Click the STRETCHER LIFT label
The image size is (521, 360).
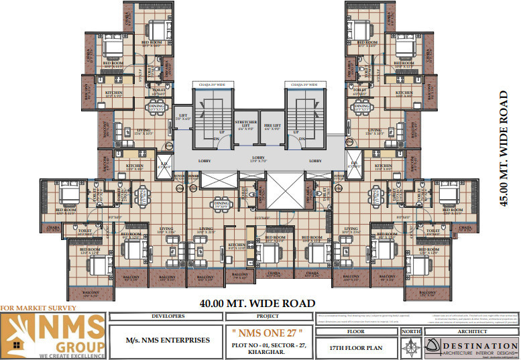coord(246,125)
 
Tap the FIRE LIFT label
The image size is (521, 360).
coord(271,125)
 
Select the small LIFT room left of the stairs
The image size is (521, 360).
coord(184,116)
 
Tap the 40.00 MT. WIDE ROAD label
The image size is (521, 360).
coord(257,304)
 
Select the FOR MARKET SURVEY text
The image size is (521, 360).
coord(38,308)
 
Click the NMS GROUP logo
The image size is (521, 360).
coord(54,334)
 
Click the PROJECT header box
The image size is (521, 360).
coord(272,316)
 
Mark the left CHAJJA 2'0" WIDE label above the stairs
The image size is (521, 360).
coord(209,85)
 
